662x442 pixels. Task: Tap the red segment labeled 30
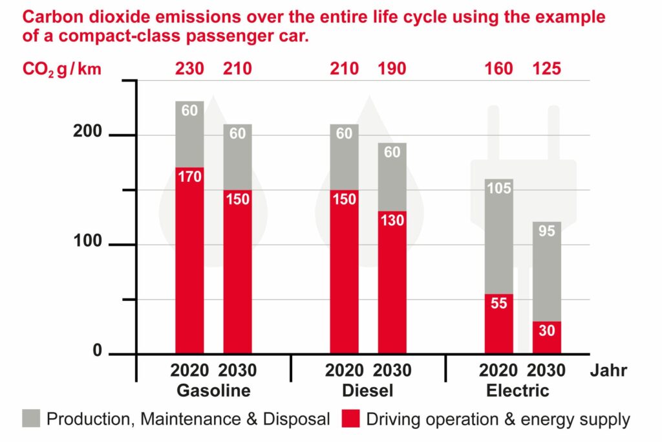coord(546,338)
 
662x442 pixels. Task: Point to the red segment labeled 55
coord(498,324)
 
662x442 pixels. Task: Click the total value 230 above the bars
coord(189,68)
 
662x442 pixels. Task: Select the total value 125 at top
coord(546,68)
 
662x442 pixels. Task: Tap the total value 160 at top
coord(498,68)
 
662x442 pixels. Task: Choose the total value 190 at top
coord(392,68)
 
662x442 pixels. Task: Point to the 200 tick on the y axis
coord(87,133)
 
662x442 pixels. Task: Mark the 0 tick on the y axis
coord(97,351)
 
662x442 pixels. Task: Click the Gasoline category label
coord(213,391)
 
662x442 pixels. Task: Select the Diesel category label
coord(368,391)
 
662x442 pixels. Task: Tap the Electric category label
coord(517,391)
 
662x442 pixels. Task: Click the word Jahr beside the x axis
coord(608,371)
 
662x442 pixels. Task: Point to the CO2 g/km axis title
coord(62,69)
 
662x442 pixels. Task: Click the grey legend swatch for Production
coord(30,419)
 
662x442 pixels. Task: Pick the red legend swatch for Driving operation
coord(350,419)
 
